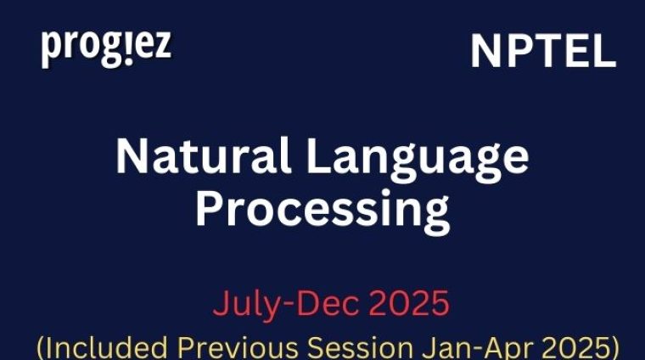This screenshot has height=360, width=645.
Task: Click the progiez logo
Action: [x=106, y=48]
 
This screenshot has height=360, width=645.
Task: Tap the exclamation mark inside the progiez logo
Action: [x=121, y=47]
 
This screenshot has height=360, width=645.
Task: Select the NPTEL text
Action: [x=543, y=53]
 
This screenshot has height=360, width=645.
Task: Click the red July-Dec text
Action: [x=267, y=303]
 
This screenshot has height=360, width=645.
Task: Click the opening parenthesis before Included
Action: [x=40, y=346]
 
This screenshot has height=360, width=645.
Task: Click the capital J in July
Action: [x=220, y=303]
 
